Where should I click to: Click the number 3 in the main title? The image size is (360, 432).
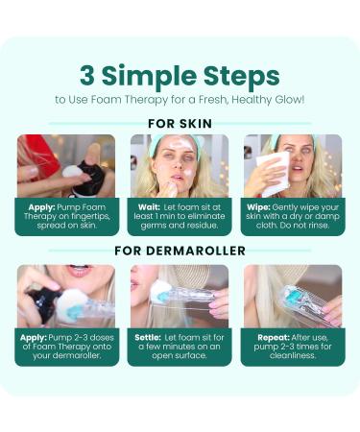point(86,76)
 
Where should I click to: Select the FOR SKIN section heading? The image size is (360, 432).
point(180,124)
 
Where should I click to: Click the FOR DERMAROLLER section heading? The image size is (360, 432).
point(180,251)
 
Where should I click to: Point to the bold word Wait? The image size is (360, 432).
point(149,207)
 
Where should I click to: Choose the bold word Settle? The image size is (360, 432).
point(148,338)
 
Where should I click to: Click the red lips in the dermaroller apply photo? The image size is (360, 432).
point(79,272)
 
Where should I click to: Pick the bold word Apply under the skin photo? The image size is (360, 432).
point(42,207)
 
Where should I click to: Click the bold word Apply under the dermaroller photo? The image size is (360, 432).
point(34,338)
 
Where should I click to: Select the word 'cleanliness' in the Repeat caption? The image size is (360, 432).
point(293,355)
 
